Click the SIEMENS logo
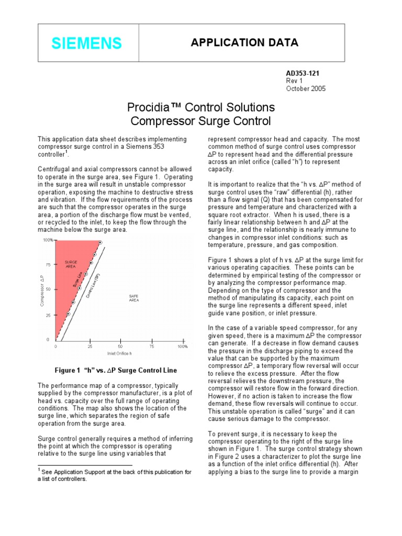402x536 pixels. click(x=87, y=43)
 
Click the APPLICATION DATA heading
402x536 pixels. click(x=244, y=42)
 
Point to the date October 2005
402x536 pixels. click(x=306, y=88)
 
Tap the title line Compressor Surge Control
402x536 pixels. click(x=201, y=122)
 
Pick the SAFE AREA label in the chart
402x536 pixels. click(x=133, y=298)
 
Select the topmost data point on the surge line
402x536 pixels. click(x=99, y=242)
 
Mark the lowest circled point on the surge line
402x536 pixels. click(x=68, y=314)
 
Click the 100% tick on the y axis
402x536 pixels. click(x=48, y=240)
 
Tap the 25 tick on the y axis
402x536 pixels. click(x=48, y=315)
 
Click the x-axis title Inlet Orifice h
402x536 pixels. click(x=119, y=353)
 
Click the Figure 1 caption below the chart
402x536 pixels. click(x=116, y=370)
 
